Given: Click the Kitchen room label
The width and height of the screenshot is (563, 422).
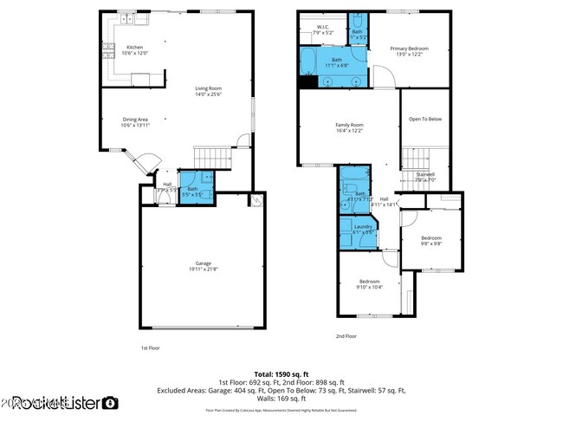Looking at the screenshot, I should (x=135, y=48).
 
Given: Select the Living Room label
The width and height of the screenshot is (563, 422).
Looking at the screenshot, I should (x=208, y=88).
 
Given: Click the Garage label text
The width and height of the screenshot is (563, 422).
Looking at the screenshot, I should (x=203, y=264).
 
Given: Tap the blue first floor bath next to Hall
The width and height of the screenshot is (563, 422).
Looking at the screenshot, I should (x=192, y=191).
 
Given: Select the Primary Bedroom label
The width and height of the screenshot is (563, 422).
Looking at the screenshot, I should (x=409, y=49).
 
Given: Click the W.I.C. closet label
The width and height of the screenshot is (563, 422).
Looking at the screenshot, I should (x=322, y=27).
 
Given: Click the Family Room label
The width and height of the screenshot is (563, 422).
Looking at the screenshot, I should (x=349, y=126).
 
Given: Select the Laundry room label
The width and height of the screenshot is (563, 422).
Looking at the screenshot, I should (x=362, y=227).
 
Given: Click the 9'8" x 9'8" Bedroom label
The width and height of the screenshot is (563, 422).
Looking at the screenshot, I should (x=431, y=238).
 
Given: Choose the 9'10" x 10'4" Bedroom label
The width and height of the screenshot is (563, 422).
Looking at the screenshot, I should (x=370, y=282).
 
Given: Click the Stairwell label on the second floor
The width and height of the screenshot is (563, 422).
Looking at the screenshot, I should (x=425, y=175).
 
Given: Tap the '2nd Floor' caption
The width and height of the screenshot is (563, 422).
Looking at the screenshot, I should (x=346, y=335).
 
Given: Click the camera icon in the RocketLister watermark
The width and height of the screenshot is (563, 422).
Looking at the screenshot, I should (x=110, y=402).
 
